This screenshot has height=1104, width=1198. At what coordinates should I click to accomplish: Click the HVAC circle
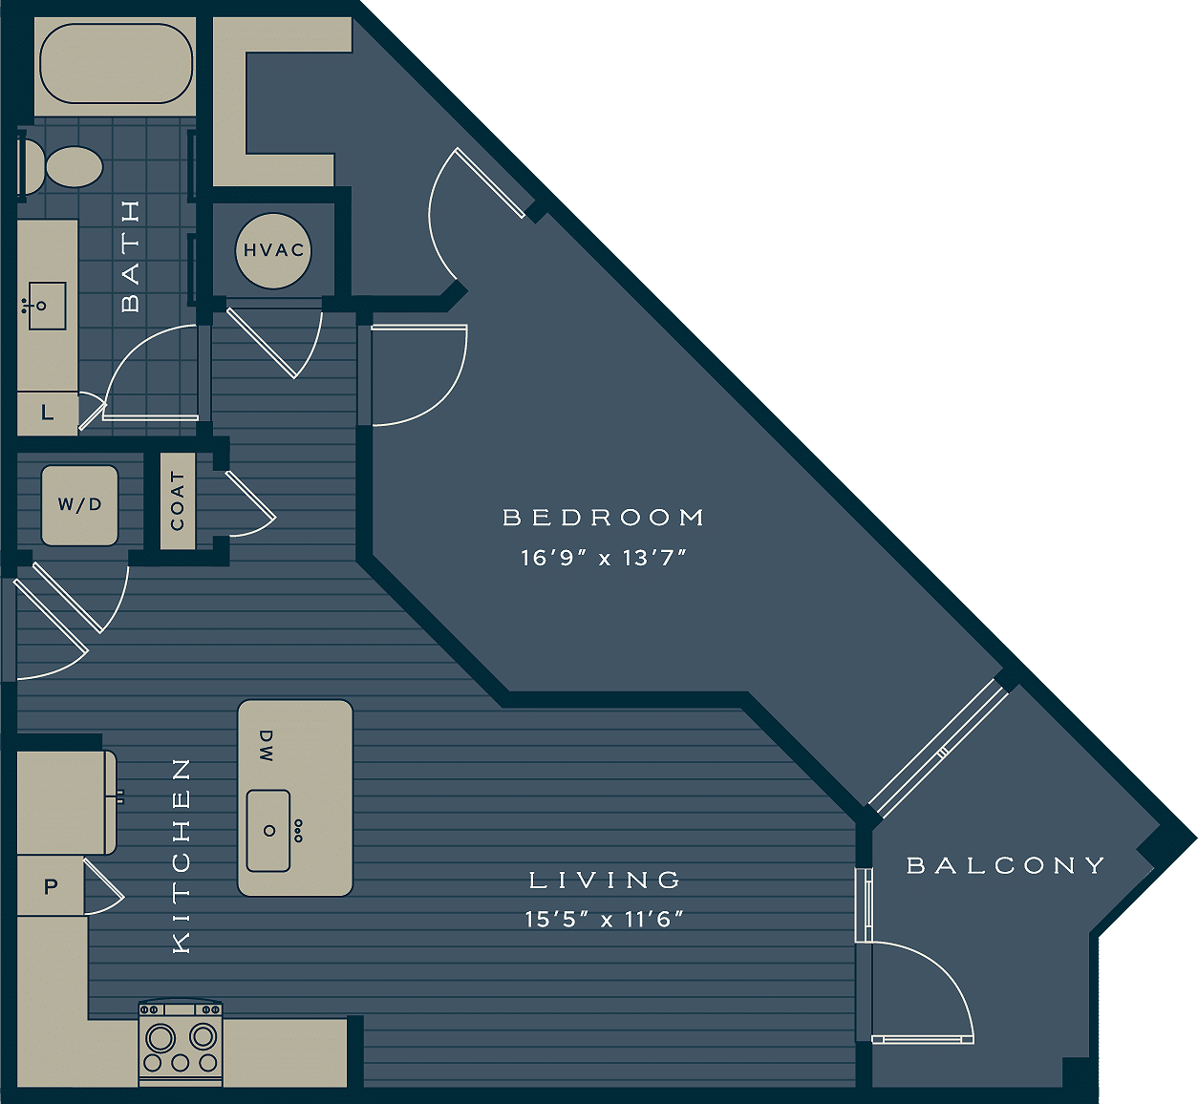pos(273,250)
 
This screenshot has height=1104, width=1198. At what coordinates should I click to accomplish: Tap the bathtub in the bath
pos(116,63)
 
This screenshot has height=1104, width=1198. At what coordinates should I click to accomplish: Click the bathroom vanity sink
pos(46,306)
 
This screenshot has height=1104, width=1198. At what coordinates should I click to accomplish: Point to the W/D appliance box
pos(79,505)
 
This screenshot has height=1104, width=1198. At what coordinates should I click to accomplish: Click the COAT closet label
pos(178,501)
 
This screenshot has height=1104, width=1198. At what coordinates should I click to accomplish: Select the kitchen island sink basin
pos(268,831)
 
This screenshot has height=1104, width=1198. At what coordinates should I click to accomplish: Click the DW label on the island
pos(266,746)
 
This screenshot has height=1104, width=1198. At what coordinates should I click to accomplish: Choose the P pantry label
pos(51,887)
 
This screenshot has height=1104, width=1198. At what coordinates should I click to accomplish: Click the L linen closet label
pos(47,414)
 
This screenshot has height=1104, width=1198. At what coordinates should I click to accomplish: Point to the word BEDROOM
pos(603,518)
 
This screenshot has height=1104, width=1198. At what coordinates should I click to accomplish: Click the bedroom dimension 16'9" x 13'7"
pos(604,558)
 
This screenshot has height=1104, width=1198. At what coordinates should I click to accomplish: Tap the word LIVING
pos(606,880)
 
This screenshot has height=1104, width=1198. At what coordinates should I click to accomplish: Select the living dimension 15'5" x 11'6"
pos(605,920)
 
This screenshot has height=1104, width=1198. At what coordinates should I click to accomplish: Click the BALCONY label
pos(1005,865)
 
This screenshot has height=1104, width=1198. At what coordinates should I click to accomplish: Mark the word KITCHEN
pos(181,856)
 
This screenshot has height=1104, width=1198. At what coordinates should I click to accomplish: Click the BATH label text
pos(131,256)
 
